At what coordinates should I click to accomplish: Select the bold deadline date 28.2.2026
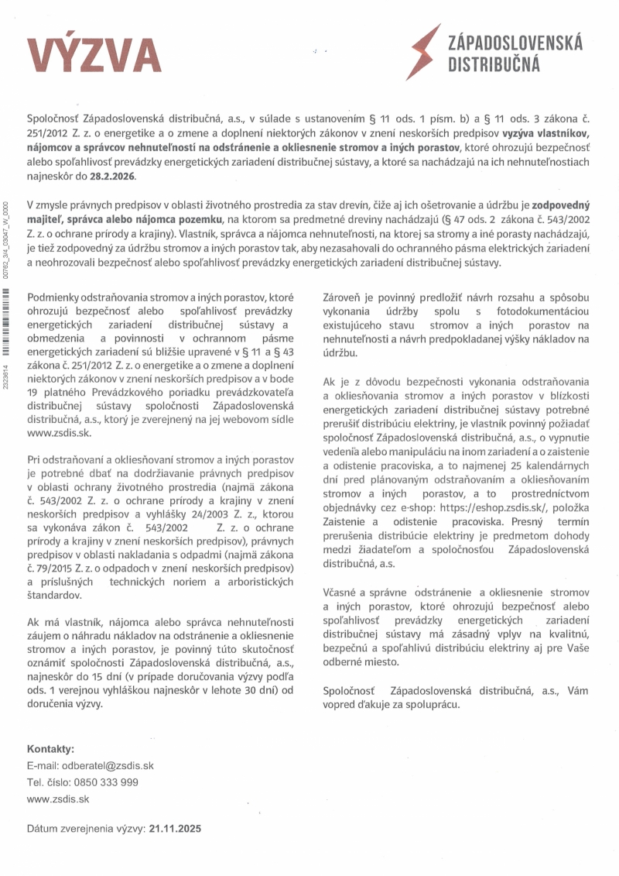point(112,176)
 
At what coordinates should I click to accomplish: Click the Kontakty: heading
point(50,749)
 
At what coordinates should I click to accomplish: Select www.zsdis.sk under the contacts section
point(58,799)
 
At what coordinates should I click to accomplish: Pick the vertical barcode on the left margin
point(7,310)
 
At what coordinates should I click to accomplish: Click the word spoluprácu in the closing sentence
point(435,705)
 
